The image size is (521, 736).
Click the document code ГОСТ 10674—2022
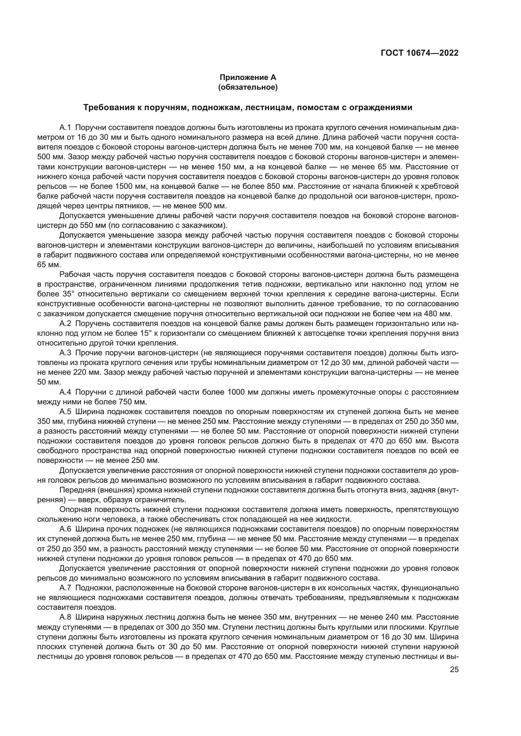[419, 53]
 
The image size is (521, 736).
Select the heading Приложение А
[248, 77]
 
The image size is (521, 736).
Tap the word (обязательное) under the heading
[248, 87]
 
